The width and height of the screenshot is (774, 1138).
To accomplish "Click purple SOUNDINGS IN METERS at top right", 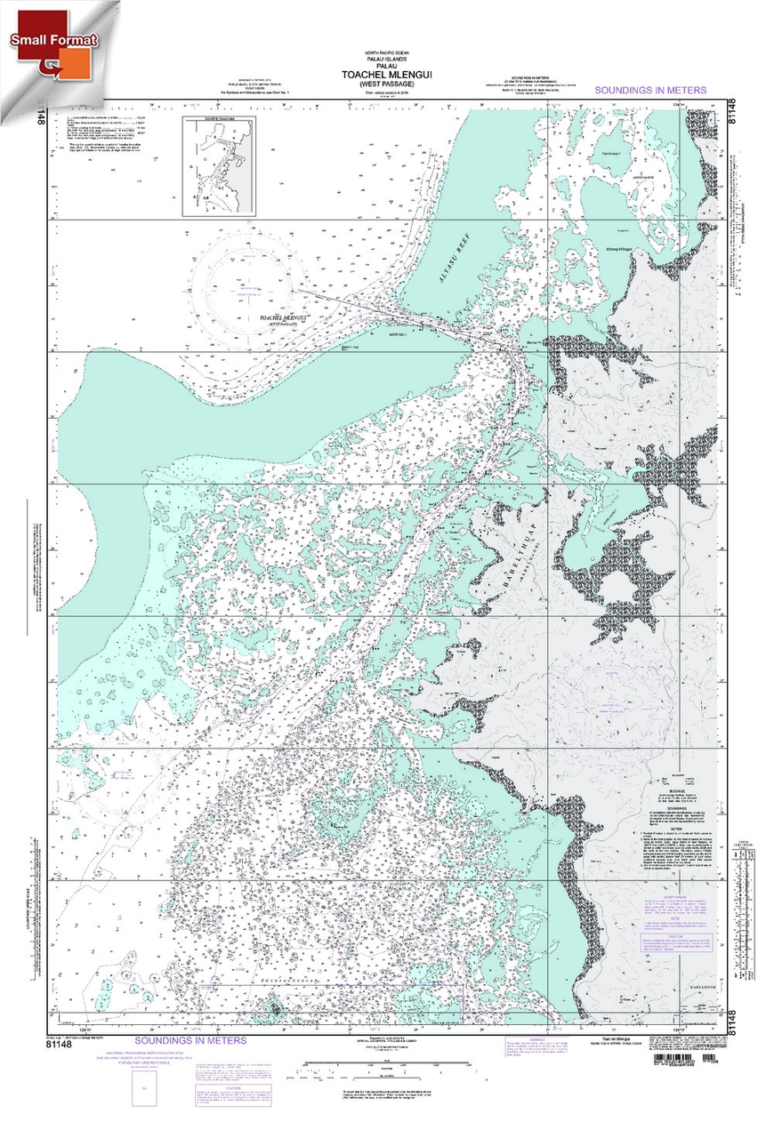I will tap(650, 91).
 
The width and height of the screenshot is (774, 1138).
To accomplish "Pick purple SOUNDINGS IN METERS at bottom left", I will tap(190, 1040).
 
